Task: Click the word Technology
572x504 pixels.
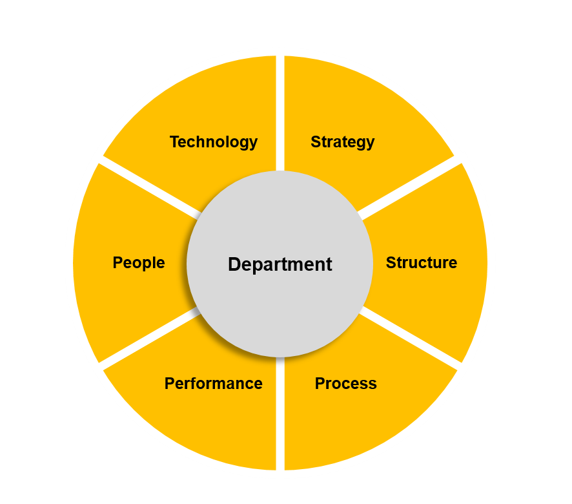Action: click(214, 142)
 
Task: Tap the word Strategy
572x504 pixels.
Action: click(343, 142)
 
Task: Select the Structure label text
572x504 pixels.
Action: click(422, 262)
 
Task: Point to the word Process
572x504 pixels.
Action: click(346, 383)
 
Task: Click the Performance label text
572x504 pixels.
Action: click(214, 383)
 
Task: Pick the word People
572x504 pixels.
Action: click(139, 263)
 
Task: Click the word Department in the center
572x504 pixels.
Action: click(280, 264)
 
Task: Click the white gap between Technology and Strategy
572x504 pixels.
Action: click(280, 113)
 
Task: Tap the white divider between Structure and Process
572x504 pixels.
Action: click(409, 338)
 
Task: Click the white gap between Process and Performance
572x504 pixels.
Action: click(280, 414)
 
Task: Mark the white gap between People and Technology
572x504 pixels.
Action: click(150, 188)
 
